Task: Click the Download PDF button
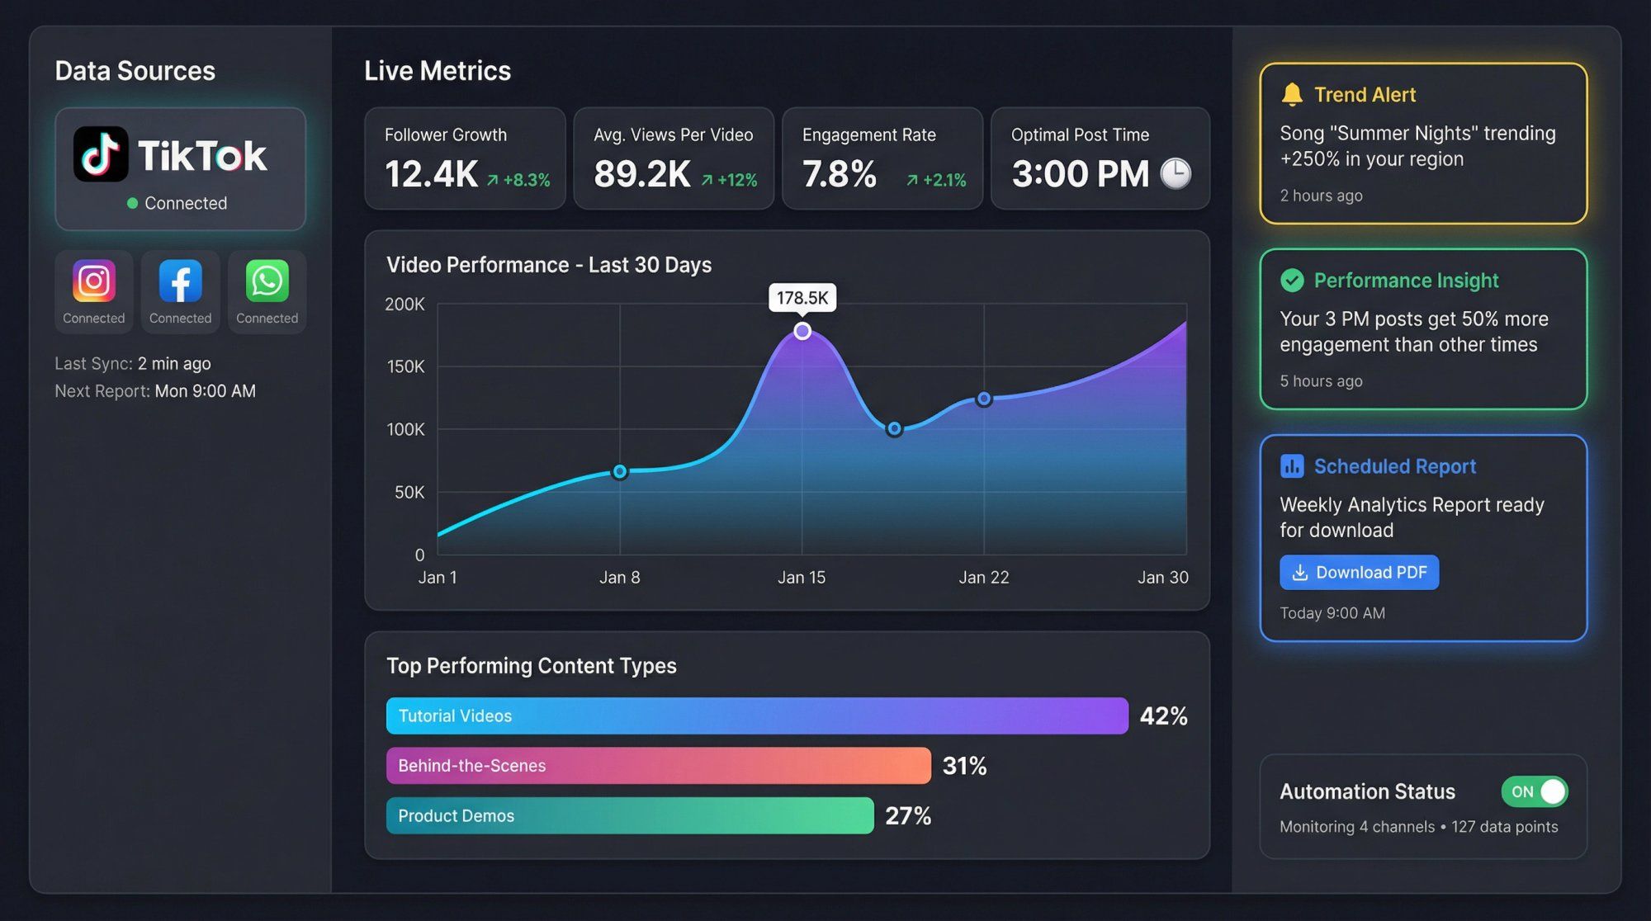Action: click(1359, 572)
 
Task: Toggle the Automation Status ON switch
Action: click(1535, 791)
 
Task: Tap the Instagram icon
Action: click(93, 281)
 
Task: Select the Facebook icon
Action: click(180, 281)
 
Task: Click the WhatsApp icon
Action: click(267, 281)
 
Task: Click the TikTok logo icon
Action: click(101, 154)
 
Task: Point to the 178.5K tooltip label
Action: click(802, 298)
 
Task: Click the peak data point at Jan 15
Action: click(802, 331)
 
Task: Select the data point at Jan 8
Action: click(620, 472)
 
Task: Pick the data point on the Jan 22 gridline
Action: click(984, 399)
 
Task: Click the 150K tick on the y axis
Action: click(405, 366)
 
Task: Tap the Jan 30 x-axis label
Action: click(1162, 577)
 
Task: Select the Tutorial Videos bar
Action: click(756, 716)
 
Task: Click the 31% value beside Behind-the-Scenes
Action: click(964, 766)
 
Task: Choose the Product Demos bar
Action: click(629, 815)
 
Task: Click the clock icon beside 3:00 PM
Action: click(1176, 173)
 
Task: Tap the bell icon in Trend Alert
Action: click(1292, 94)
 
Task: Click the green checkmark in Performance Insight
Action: click(1292, 281)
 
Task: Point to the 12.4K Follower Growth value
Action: click(431, 174)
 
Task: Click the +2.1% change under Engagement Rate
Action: click(936, 180)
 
